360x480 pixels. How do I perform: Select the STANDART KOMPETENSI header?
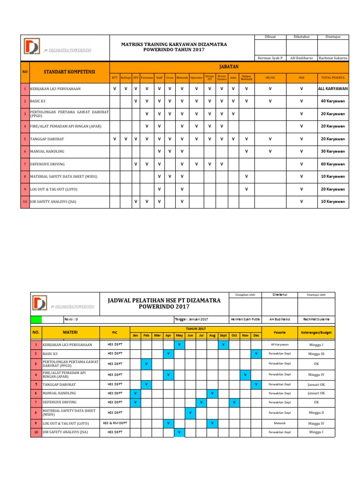click(x=69, y=72)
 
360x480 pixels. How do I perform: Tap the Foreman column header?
click(x=146, y=77)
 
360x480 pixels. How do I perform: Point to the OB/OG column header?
click(x=270, y=77)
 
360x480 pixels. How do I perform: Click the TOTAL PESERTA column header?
click(x=332, y=77)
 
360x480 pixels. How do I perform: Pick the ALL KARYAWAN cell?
click(x=332, y=88)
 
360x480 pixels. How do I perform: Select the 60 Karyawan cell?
click(x=332, y=164)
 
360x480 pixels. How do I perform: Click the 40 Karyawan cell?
click(x=332, y=101)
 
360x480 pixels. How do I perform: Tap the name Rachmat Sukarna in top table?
click(x=332, y=58)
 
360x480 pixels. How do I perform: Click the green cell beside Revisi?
click(x=36, y=319)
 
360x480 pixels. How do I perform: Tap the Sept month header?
click(x=223, y=335)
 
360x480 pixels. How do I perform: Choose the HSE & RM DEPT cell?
click(x=115, y=422)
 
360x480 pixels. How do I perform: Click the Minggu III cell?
click(x=316, y=354)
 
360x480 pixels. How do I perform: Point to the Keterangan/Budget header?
click(x=316, y=332)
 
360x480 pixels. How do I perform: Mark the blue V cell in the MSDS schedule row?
click(x=190, y=412)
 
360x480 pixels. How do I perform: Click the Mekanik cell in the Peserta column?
click(x=280, y=423)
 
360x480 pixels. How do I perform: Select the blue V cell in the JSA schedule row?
click(x=179, y=432)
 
